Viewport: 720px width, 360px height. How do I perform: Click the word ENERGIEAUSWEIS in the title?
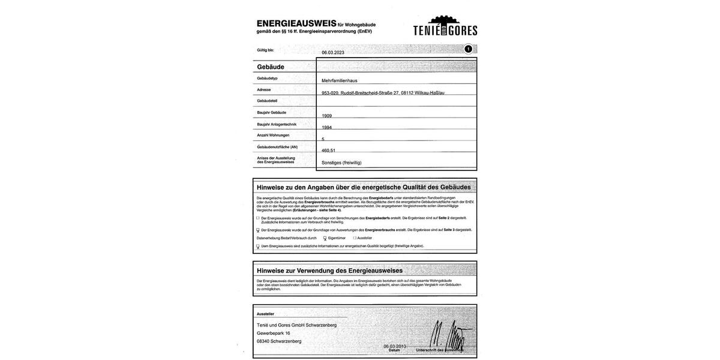pyautogui.click(x=296, y=23)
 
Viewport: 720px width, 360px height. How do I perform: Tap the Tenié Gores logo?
pyautogui.click(x=445, y=26)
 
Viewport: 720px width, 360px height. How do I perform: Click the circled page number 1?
pyautogui.click(x=468, y=49)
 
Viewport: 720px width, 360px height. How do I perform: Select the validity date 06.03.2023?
pyautogui.click(x=333, y=53)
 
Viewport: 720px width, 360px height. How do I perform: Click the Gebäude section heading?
pyautogui.click(x=271, y=67)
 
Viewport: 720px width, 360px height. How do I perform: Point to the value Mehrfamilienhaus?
pyautogui.click(x=339, y=80)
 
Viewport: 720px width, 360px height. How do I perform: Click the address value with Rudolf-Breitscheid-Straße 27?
pyautogui.click(x=383, y=93)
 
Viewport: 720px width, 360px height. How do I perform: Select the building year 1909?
pyautogui.click(x=327, y=116)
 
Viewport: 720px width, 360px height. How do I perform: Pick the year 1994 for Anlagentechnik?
pyautogui.click(x=327, y=127)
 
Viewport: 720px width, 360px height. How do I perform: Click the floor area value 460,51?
pyautogui.click(x=329, y=151)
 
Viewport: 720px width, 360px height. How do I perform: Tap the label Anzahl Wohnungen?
pyautogui.click(x=273, y=135)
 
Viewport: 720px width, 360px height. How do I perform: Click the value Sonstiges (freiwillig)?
pyautogui.click(x=341, y=163)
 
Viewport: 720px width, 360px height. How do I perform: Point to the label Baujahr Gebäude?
pyautogui.click(x=272, y=112)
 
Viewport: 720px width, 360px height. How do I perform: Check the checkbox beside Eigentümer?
pyautogui.click(x=325, y=238)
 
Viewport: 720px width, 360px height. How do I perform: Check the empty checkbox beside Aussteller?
pyautogui.click(x=355, y=238)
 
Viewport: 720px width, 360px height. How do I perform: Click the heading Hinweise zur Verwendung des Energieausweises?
pyautogui.click(x=329, y=271)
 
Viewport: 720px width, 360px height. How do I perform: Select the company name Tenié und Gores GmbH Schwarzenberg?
pyautogui.click(x=296, y=325)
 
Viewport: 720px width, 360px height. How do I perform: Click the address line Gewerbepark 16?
pyautogui.click(x=274, y=333)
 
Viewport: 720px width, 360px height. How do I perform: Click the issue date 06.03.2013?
pyautogui.click(x=395, y=346)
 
